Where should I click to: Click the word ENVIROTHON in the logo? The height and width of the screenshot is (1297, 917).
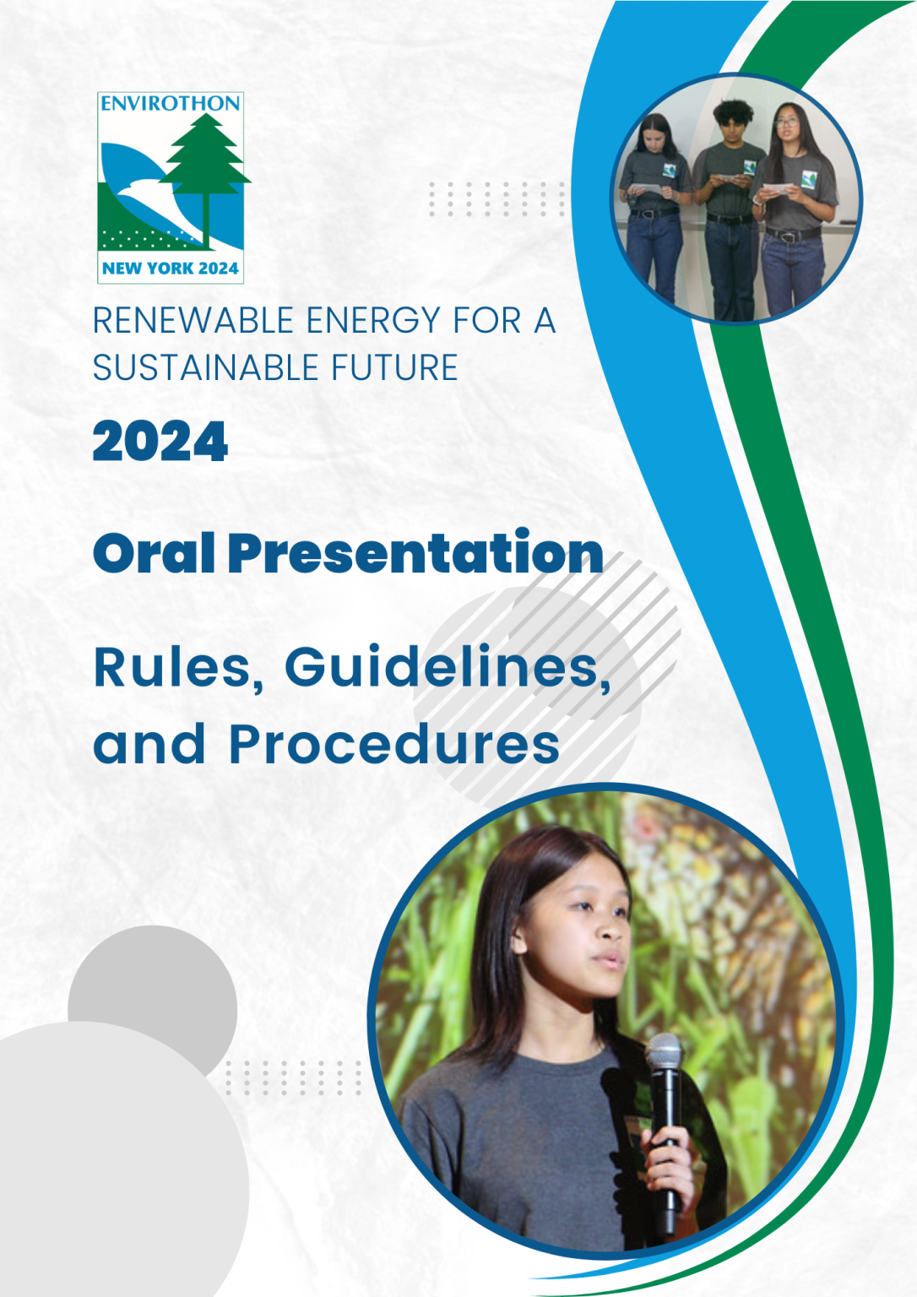[x=171, y=104]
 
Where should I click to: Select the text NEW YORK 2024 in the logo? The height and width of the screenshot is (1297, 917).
[x=171, y=268]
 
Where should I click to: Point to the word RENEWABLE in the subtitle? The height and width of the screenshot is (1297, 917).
[x=194, y=320]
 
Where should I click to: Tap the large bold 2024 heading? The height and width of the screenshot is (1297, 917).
[x=160, y=441]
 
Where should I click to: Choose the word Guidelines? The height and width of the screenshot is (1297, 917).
[x=448, y=668]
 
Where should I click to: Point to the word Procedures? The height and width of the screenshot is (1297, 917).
[x=394, y=743]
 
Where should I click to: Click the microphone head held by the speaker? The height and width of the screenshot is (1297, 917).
[x=664, y=1056]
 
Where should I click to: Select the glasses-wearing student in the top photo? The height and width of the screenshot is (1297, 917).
[x=796, y=209]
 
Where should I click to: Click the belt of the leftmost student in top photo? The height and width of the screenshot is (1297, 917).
[x=654, y=214]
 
